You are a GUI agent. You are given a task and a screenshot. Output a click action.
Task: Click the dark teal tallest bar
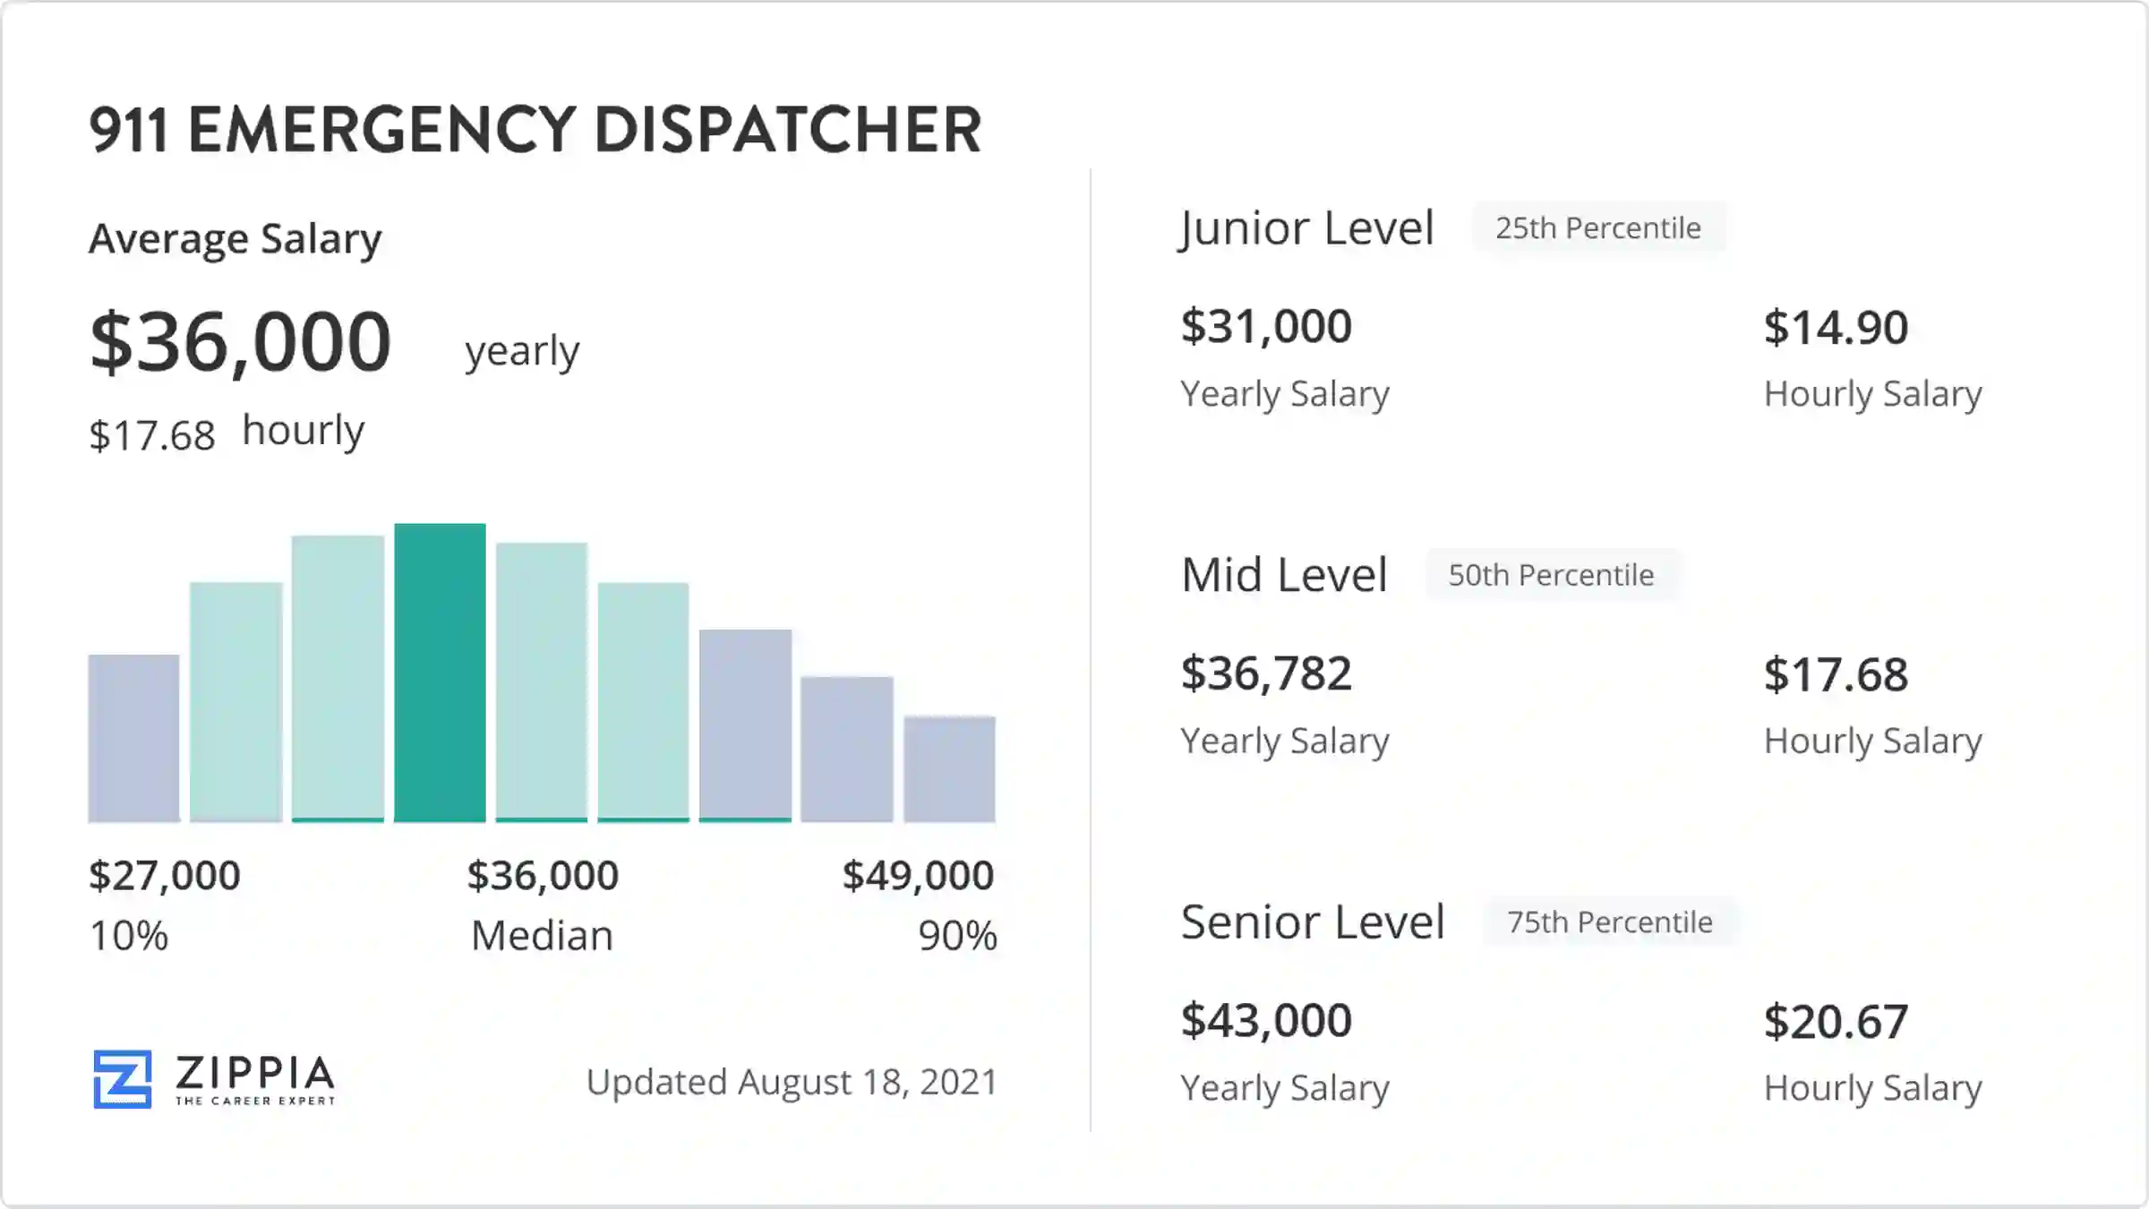pyautogui.click(x=440, y=672)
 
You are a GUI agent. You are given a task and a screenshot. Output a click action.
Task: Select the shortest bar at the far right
pyautogui.click(x=949, y=768)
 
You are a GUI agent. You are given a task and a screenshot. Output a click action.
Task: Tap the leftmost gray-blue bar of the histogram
pyautogui.click(x=133, y=738)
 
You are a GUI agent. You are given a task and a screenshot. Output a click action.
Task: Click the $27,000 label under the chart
pyautogui.click(x=165, y=875)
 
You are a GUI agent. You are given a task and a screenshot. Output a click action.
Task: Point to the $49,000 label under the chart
pyautogui.click(x=918, y=875)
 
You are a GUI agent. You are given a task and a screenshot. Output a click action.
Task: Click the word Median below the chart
pyautogui.click(x=542, y=936)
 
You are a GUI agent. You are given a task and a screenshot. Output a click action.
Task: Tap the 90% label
pyautogui.click(x=956, y=936)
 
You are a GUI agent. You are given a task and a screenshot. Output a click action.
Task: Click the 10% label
pyautogui.click(x=129, y=936)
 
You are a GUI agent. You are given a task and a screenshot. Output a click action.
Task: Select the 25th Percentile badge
pyautogui.click(x=1598, y=228)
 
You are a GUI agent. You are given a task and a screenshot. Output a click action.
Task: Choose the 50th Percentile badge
pyautogui.click(x=1551, y=575)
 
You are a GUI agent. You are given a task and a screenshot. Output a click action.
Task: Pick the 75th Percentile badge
pyautogui.click(x=1609, y=922)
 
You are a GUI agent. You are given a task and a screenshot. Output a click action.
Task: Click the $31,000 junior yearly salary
pyautogui.click(x=1266, y=326)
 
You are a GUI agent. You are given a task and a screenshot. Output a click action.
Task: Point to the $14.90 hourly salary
pyautogui.click(x=1836, y=328)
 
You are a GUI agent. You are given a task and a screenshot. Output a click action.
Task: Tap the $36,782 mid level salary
pyautogui.click(x=1266, y=673)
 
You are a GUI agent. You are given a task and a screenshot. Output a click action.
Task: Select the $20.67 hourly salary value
pyautogui.click(x=1836, y=1022)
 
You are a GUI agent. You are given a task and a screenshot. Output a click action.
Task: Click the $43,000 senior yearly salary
pyautogui.click(x=1266, y=1020)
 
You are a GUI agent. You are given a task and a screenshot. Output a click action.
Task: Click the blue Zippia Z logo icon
pyautogui.click(x=123, y=1079)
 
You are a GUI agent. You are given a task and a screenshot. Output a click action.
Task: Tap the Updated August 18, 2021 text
pyautogui.click(x=792, y=1082)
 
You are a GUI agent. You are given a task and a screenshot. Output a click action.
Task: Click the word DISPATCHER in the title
pyautogui.click(x=787, y=130)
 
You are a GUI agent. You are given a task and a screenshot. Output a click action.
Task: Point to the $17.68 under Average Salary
pyautogui.click(x=152, y=436)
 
